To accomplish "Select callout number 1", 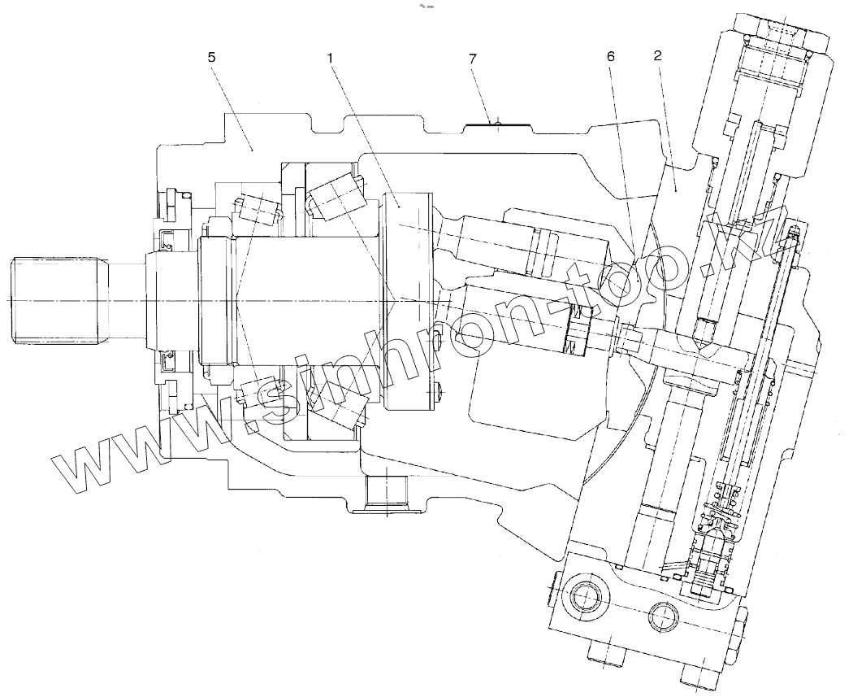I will (331, 59).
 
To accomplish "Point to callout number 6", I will (612, 59).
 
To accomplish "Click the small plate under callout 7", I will (496, 124).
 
